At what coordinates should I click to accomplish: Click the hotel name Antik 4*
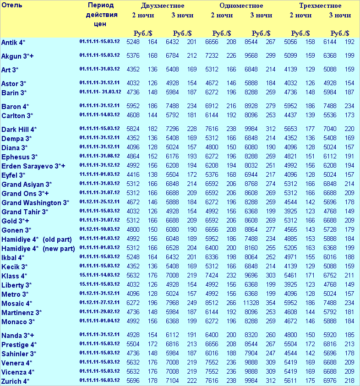tap(13, 43)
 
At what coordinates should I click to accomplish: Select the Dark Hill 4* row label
tap(19, 130)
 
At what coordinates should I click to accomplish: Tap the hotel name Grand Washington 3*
tap(35, 203)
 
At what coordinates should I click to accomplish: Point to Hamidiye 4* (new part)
tap(38, 249)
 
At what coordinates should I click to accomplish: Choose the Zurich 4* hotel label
tap(16, 381)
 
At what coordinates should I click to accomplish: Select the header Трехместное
tap(320, 6)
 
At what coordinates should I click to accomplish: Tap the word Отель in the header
tap(12, 5)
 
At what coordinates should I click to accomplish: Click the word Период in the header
tap(101, 5)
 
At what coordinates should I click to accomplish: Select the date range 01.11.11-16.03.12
tap(99, 381)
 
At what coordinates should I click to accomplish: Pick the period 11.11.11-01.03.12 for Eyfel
tap(99, 174)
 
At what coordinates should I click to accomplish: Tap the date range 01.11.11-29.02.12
tap(99, 312)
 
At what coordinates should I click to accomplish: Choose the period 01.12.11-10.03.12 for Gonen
tap(99, 229)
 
